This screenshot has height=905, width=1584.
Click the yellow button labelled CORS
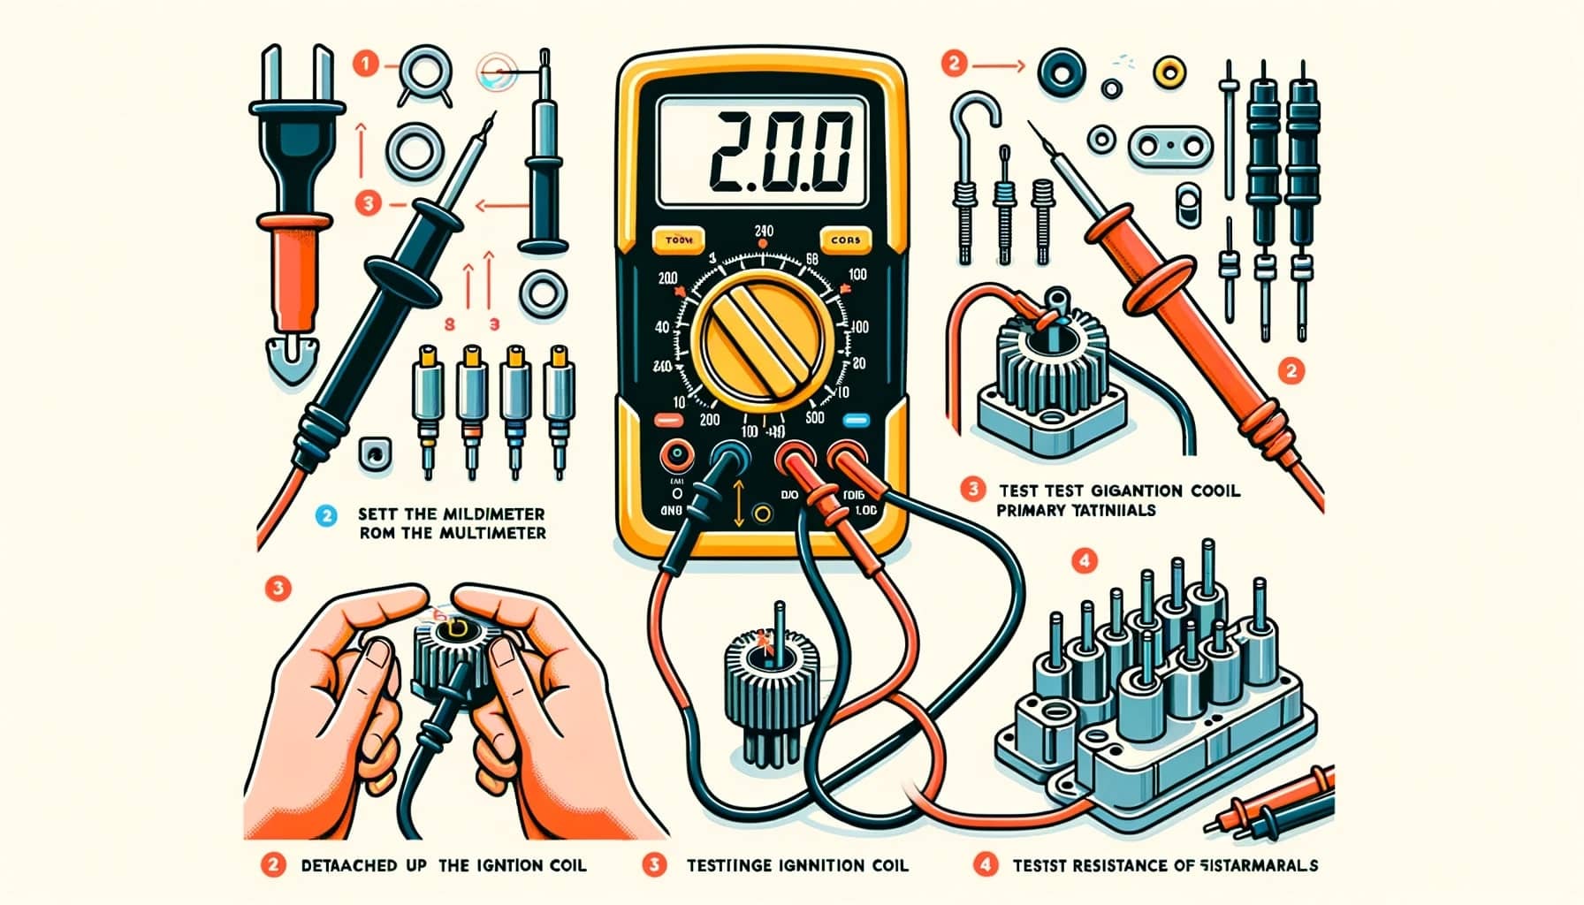tap(845, 240)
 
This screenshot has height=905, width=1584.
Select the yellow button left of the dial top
tap(678, 240)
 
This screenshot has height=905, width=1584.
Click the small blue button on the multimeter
tap(856, 421)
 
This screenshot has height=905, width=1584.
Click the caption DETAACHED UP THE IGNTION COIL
tap(442, 865)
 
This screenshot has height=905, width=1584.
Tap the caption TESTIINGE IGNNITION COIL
tap(796, 865)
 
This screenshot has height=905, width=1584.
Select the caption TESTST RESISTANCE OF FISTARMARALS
tap(1164, 865)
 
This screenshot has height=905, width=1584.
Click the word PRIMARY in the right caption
tap(1031, 511)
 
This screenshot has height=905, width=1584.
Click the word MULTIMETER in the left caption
tap(496, 533)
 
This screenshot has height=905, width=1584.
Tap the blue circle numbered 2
tap(327, 515)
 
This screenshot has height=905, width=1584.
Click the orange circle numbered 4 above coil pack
tap(1084, 559)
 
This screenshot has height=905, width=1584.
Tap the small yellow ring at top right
tap(1169, 68)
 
